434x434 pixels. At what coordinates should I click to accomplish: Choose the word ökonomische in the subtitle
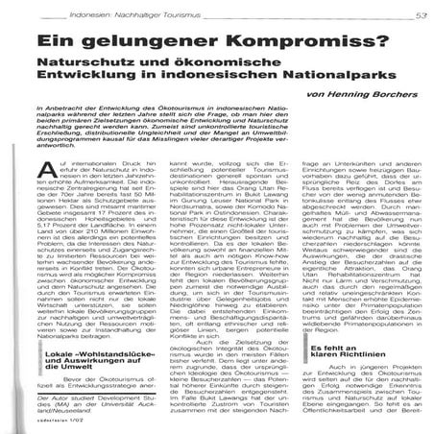click(x=216, y=68)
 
